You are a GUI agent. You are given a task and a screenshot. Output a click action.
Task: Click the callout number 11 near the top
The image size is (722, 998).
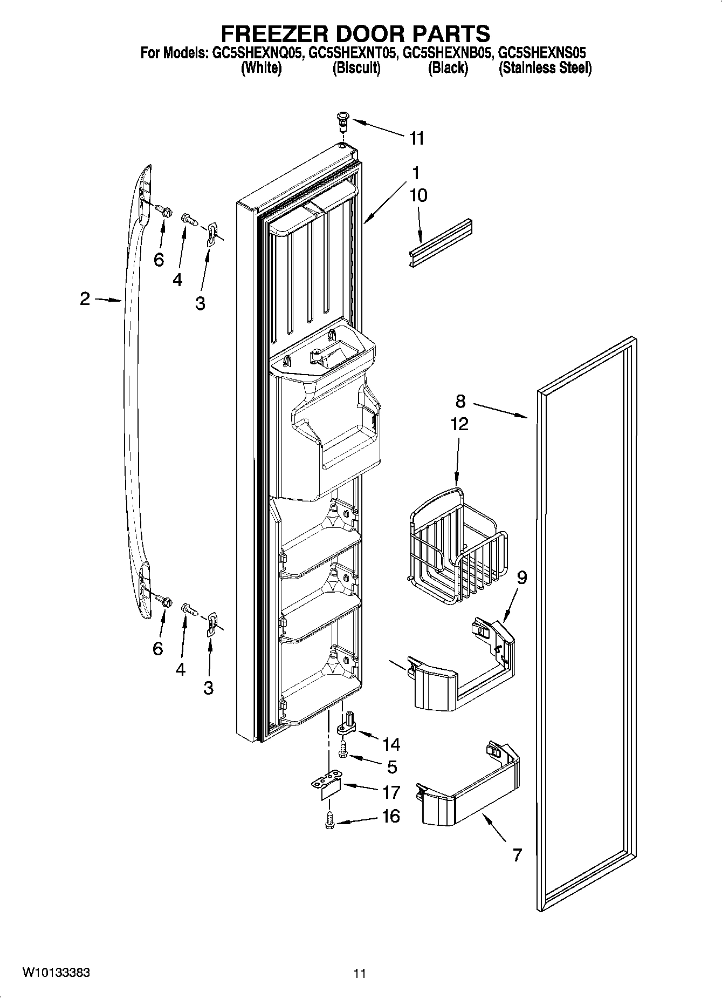[x=416, y=139]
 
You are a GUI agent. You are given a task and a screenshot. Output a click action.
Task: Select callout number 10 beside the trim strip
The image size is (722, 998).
[x=418, y=195]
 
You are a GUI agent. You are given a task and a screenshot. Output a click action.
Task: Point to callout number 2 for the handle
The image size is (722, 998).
[x=85, y=298]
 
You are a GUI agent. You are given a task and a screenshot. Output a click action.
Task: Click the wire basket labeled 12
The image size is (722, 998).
[x=457, y=545]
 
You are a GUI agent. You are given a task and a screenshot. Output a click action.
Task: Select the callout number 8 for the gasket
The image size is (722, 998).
[x=460, y=401]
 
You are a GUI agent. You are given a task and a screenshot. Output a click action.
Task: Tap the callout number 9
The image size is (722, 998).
[x=521, y=578]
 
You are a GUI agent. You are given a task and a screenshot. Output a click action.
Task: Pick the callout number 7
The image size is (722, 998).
[x=517, y=856]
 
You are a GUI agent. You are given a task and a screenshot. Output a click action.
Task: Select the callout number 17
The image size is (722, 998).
[x=391, y=792]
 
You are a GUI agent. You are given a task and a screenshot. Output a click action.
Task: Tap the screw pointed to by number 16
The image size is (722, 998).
[x=329, y=823]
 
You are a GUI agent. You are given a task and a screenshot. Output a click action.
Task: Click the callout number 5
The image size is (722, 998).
[x=391, y=766]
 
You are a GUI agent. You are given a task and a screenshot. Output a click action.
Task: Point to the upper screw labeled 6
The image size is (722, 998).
[x=162, y=210]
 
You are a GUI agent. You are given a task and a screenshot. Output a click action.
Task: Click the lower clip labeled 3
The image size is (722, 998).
[x=212, y=623]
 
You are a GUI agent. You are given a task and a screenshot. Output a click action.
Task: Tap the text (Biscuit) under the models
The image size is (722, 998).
[x=356, y=68]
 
